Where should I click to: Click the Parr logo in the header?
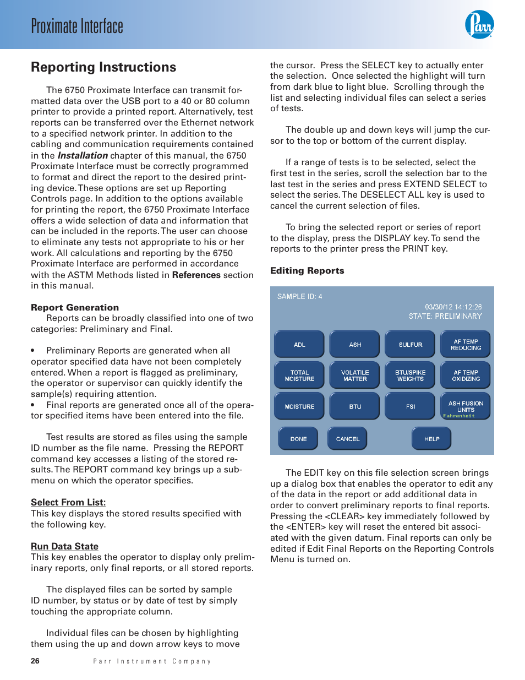479,25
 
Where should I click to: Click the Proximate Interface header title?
77,26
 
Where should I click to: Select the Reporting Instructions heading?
103,67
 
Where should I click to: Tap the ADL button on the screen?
299,345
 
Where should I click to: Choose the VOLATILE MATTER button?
355,376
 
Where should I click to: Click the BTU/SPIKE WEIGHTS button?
411,376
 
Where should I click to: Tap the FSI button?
411,406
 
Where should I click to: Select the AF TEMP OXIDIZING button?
466,376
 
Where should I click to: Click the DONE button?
298,439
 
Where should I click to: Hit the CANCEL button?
347,439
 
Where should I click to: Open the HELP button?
431,439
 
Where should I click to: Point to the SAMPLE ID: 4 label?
300,296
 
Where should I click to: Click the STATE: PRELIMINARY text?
445,316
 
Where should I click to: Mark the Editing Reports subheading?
307,270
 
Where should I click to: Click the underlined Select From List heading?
68,502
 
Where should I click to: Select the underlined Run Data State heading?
64,546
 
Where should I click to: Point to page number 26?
35,661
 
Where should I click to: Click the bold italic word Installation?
83,155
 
